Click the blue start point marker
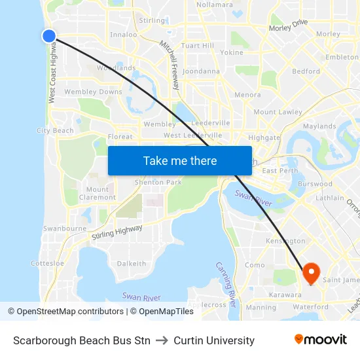click(49, 36)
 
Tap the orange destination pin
click(310, 272)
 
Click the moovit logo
click(321, 340)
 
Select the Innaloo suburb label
click(124, 35)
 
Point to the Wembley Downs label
click(93, 92)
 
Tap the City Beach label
click(55, 131)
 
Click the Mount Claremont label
click(98, 193)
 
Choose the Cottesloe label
click(48, 263)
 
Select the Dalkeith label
click(132, 263)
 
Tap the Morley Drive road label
click(288, 26)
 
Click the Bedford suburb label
click(306, 71)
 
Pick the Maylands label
click(319, 126)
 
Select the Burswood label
click(315, 185)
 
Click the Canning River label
click(225, 285)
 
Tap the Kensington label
click(285, 242)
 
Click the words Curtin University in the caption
click(214, 340)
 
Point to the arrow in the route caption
click(162, 340)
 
